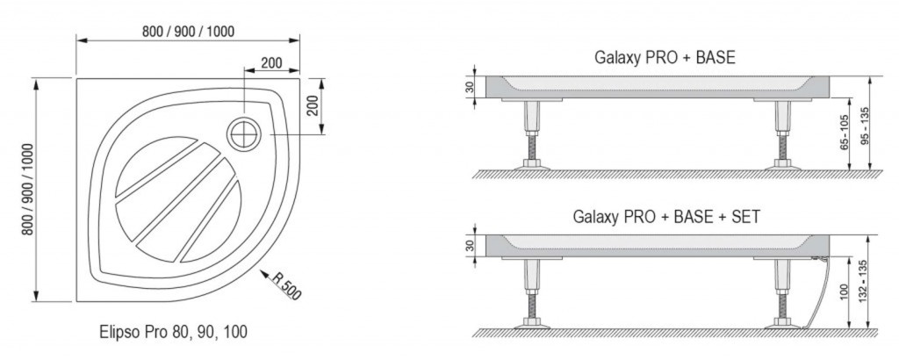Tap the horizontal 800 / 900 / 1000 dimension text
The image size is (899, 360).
click(188, 32)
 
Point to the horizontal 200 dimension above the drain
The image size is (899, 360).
click(271, 63)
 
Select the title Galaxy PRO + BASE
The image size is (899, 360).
click(665, 59)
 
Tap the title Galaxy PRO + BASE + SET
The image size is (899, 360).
click(665, 216)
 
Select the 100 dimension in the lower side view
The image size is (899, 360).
click(844, 294)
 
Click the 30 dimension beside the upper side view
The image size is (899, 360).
click(471, 87)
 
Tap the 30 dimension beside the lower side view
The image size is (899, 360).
click(471, 246)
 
